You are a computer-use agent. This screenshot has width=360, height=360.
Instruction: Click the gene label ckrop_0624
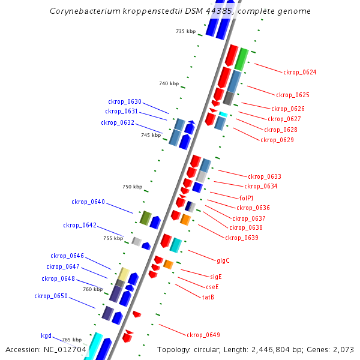[x=299, y=72]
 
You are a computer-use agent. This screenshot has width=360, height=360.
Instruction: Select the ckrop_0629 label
[x=277, y=140]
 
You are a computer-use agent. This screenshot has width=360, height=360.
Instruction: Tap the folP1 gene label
[x=246, y=198]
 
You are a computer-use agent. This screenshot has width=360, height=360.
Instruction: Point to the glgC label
[x=223, y=260]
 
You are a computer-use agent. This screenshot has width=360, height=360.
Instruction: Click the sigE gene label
[x=215, y=277]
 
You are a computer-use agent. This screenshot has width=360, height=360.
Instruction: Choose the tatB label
[x=208, y=297]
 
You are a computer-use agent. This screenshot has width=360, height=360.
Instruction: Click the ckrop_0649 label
[x=203, y=335]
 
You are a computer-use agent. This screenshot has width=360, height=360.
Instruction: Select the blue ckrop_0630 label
[x=125, y=101]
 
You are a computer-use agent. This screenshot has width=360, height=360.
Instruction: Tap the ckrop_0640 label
[x=88, y=202]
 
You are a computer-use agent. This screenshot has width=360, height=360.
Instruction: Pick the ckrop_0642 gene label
[x=80, y=225]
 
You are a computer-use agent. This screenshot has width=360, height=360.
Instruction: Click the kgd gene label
[x=46, y=335]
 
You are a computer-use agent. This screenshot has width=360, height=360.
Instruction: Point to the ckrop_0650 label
[x=51, y=296]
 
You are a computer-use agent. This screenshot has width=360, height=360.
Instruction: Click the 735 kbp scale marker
[x=186, y=31]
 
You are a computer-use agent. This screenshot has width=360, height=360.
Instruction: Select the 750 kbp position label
[x=132, y=187]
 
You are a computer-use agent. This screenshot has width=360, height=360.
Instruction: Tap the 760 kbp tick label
[x=92, y=289]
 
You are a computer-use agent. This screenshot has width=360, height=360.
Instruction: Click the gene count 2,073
[x=342, y=349]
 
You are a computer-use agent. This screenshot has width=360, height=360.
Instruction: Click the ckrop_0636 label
[x=253, y=208]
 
